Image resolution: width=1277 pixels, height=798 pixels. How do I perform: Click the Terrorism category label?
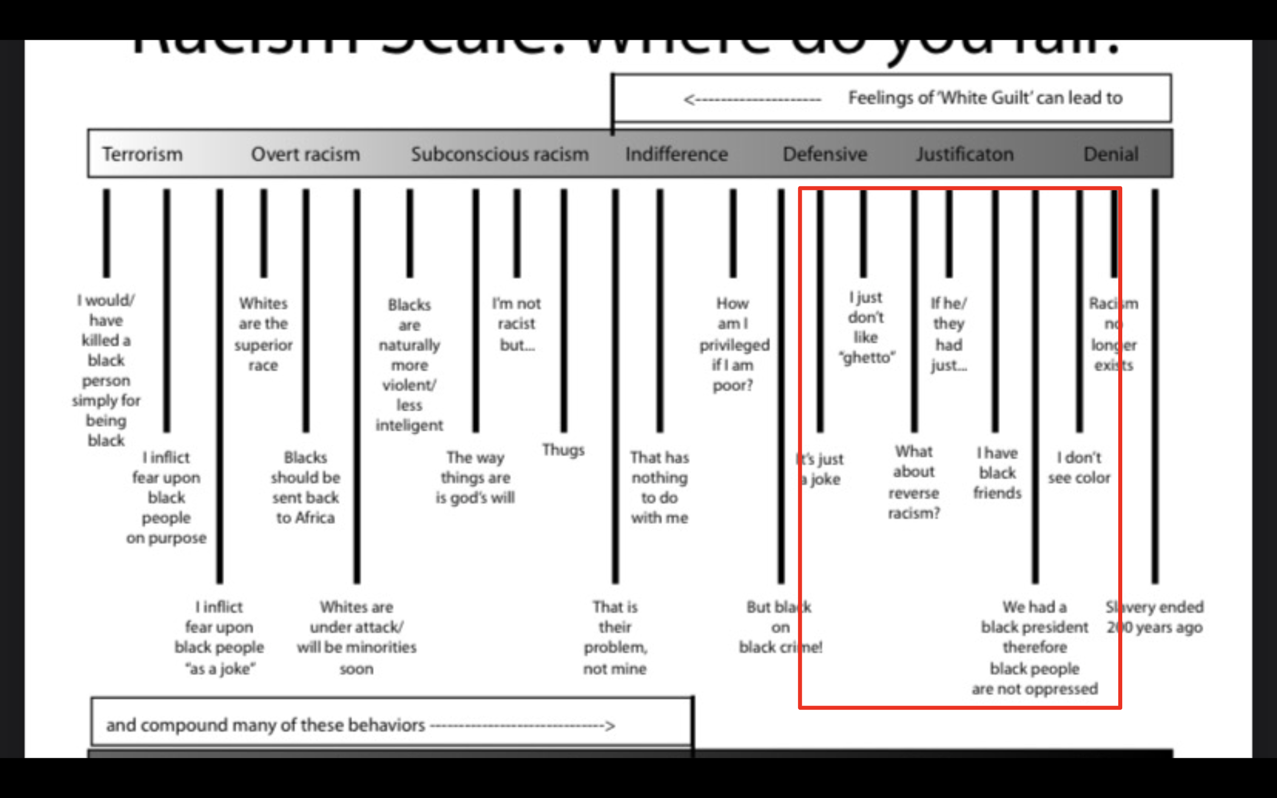pos(143,154)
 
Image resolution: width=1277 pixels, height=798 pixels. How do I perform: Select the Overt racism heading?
pos(305,154)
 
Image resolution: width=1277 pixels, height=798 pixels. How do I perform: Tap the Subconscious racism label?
pos(500,154)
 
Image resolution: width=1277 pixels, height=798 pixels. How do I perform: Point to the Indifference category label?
pos(676,154)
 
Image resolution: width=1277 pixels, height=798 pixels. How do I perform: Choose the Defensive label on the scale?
pos(824,154)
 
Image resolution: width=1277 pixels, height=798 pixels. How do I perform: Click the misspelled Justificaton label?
pos(964,154)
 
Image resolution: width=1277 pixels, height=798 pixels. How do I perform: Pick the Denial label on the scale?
pos(1110,154)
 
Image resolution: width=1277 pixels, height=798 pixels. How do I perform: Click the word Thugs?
pos(563,450)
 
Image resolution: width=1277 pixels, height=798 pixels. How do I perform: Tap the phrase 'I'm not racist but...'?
pos(516,324)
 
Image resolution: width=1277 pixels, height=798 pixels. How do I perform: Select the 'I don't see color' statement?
pos(1079,467)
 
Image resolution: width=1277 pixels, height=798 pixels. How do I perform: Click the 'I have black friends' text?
pos(997,472)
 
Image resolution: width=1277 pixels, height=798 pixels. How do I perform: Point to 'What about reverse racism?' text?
pos(914,482)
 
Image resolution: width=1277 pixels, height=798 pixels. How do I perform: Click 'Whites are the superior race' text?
pos(263,333)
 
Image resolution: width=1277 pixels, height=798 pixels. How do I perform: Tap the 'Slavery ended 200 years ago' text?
pos(1154,616)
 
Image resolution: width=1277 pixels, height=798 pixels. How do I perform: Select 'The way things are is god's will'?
pos(475,477)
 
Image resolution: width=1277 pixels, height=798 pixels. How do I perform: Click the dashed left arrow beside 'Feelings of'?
pos(752,99)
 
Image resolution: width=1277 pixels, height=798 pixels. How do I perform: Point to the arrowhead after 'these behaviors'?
pos(610,726)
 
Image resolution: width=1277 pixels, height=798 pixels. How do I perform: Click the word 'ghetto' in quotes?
pos(867,358)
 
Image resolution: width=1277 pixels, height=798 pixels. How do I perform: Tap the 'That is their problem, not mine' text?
pos(615,637)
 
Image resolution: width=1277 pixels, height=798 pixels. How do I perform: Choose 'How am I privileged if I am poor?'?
pos(734,344)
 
